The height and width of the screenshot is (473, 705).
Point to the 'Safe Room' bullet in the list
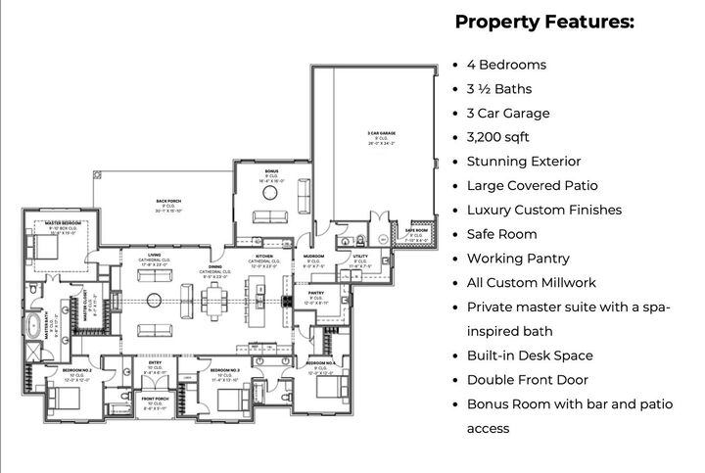click(501, 234)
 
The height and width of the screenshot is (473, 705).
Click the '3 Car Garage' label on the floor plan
click(381, 133)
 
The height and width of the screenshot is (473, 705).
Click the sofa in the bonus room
click(268, 217)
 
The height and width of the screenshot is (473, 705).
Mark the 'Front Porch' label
click(155, 399)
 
